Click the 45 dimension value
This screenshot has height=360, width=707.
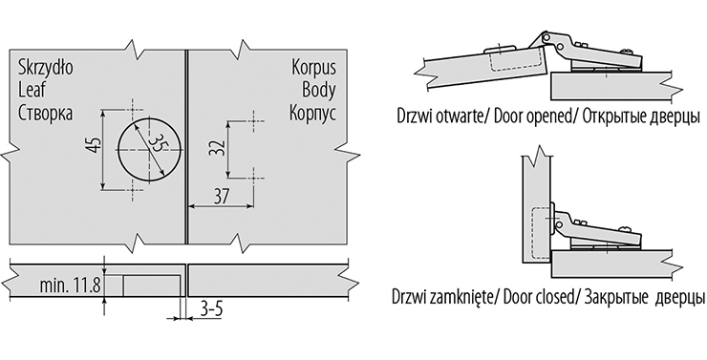pos(95,144)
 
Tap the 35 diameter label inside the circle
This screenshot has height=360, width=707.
pos(157,144)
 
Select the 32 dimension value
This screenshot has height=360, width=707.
pos(217,147)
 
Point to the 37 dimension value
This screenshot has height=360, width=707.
pos(221,197)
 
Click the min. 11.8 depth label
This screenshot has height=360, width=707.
pos(71,286)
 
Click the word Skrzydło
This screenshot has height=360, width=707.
pos(46,68)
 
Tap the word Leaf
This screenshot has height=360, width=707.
pos(32,90)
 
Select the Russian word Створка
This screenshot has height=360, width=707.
pos(45,113)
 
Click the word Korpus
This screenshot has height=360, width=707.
pos(313,68)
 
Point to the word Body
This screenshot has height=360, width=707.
pos(319,90)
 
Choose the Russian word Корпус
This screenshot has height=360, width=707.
pos(312,113)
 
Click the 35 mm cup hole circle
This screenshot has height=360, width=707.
pos(150,117)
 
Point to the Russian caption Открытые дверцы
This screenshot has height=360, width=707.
pos(641,116)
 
